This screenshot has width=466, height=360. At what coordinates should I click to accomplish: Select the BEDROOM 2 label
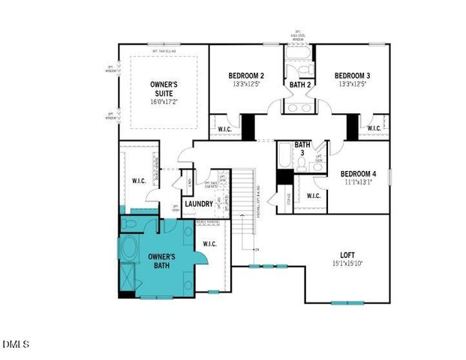246,76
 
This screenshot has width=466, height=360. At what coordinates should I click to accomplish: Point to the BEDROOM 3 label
352,76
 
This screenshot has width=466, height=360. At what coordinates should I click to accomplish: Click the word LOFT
346,255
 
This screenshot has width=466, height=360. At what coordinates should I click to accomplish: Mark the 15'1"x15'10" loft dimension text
346,264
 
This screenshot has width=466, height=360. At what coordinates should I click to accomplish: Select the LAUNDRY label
199,204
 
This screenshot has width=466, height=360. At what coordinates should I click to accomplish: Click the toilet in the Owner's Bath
130,223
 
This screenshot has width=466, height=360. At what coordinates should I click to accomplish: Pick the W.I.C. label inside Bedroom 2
224,129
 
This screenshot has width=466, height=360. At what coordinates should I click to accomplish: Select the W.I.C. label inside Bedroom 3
374,129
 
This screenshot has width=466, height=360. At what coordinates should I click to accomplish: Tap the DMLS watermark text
16,344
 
